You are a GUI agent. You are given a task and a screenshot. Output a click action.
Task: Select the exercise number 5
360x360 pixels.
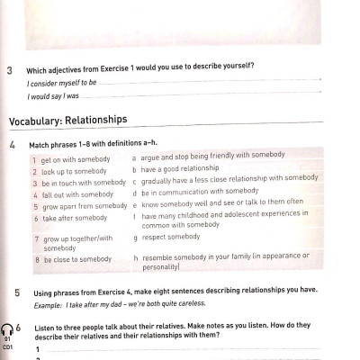17,292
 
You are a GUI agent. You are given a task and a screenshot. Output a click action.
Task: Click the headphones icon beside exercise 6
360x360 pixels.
8,330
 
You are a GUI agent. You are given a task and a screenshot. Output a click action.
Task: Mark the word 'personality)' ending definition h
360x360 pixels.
161,266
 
